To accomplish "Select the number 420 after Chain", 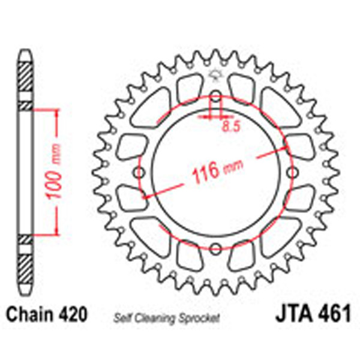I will point(73,314).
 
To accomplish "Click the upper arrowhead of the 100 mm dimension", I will point(57,113).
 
